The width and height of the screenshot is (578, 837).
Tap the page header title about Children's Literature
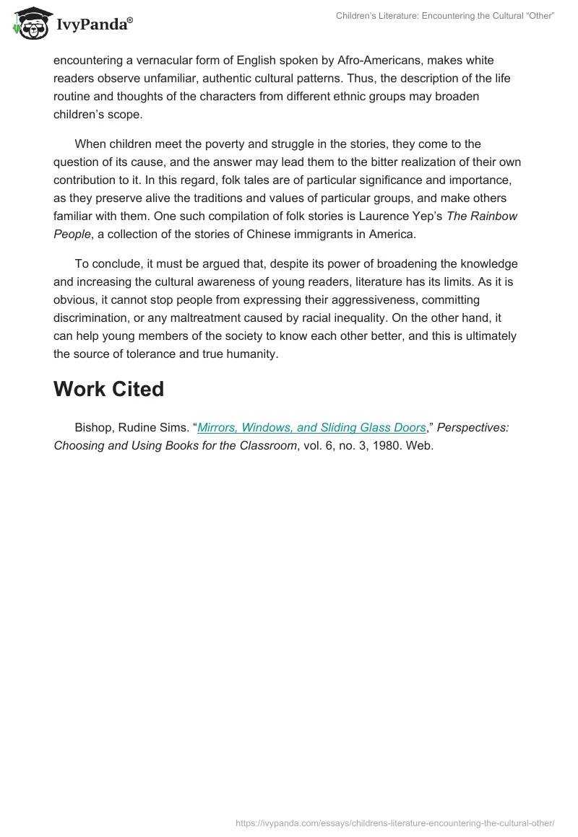tap(445, 16)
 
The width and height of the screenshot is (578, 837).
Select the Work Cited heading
tap(108, 389)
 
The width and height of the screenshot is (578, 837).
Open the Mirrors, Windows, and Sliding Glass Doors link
tap(311, 427)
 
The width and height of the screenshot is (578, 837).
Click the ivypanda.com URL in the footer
tap(395, 823)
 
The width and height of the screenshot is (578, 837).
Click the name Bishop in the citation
tap(92, 427)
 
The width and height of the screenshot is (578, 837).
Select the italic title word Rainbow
tap(496, 216)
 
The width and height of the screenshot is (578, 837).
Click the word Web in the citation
tap(419, 446)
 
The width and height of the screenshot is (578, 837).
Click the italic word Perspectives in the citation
tap(473, 427)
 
